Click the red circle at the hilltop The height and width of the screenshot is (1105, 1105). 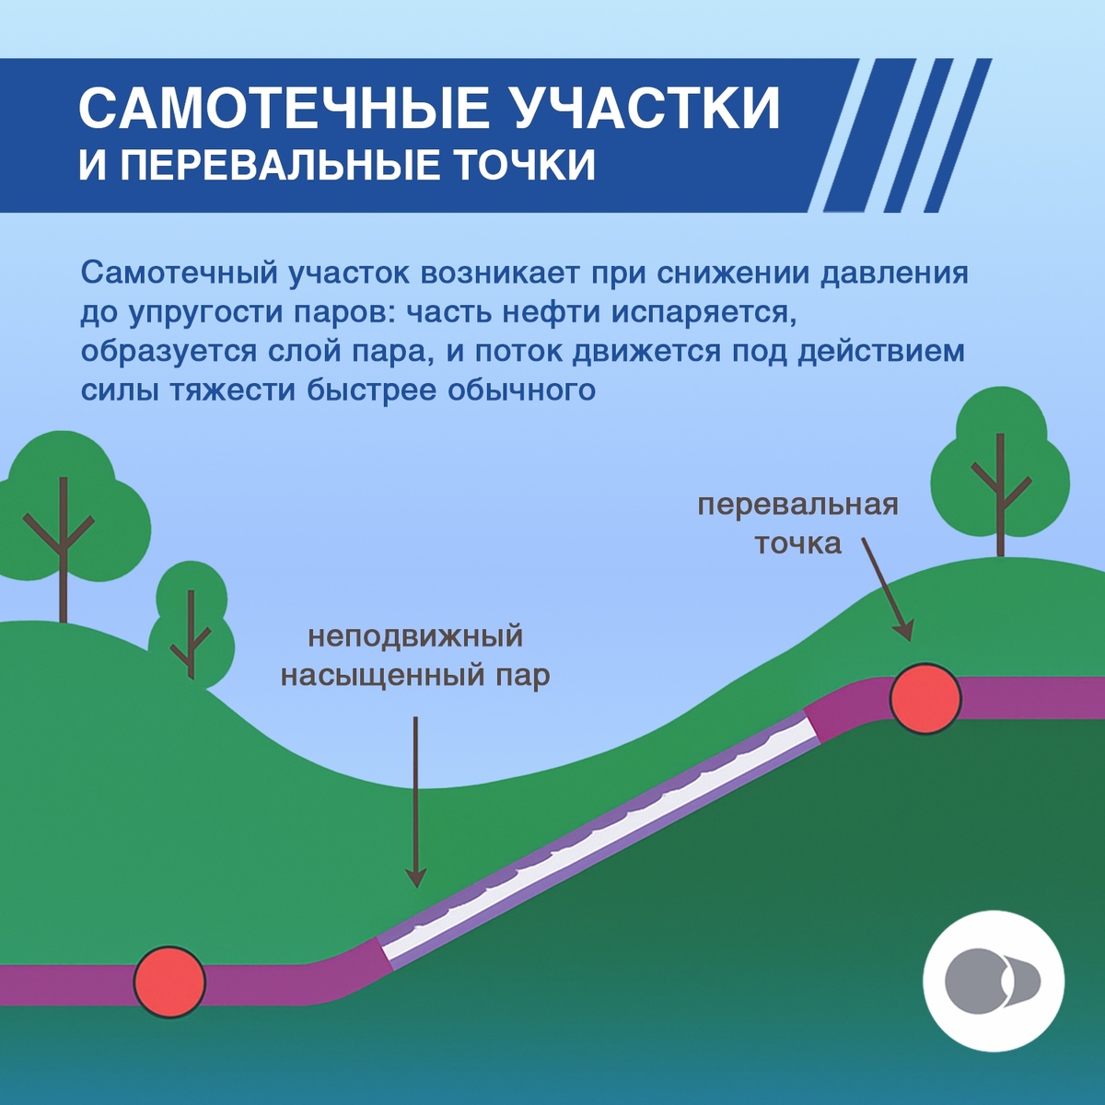[x=925, y=699]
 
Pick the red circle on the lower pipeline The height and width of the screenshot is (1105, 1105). [x=169, y=982]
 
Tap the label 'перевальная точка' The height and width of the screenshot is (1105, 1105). [x=797, y=524]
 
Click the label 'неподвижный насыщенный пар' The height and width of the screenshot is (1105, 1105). [x=414, y=656]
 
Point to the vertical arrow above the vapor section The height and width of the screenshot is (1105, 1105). [x=416, y=801]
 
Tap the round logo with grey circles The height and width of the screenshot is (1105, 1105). [x=994, y=982]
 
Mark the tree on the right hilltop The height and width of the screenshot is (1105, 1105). [x=1000, y=470]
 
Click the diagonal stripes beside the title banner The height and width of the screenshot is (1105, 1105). [x=907, y=135]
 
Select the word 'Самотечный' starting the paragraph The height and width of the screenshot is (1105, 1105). [x=179, y=273]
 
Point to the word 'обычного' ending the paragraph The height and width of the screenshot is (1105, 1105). [x=521, y=390]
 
